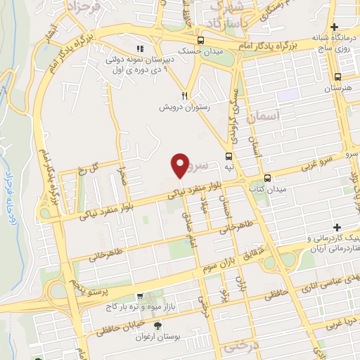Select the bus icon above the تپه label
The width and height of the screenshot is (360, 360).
[229, 156]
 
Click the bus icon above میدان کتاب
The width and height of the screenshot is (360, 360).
[267, 179]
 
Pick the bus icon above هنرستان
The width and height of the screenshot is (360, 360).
[339, 77]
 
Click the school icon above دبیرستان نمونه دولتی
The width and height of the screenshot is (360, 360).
[140, 49]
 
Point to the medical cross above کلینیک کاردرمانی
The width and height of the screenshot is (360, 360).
[338, 228]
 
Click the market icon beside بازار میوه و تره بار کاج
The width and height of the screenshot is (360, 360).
[139, 297]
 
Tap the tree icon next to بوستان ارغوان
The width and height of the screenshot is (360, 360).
[157, 325]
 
